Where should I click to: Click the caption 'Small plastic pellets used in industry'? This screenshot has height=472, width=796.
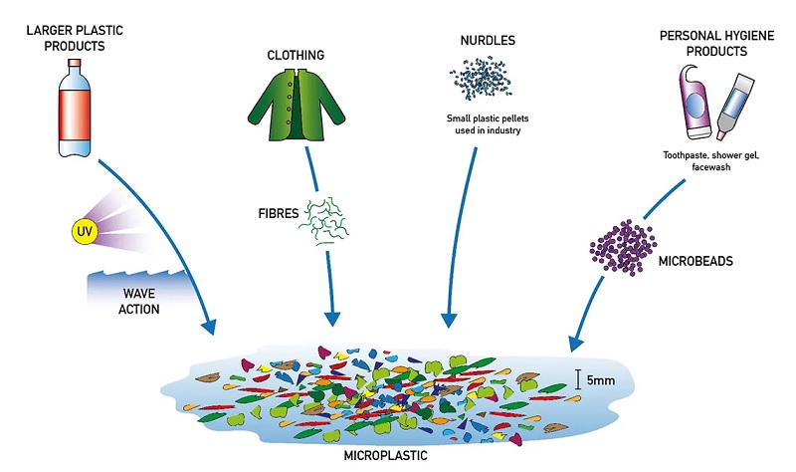[x=484, y=124]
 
